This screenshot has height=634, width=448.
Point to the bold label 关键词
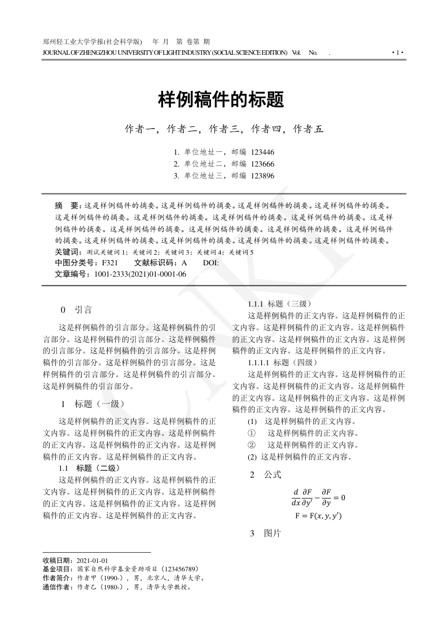point(65,252)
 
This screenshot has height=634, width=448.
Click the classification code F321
point(110,263)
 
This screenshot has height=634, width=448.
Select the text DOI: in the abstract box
point(211,263)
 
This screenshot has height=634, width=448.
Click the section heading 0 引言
point(76,309)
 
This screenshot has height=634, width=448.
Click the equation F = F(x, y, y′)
point(318,515)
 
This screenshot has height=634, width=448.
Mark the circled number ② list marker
point(252,445)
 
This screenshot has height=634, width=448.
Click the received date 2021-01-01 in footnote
point(92,560)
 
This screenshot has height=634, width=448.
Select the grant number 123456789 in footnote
point(179,569)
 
